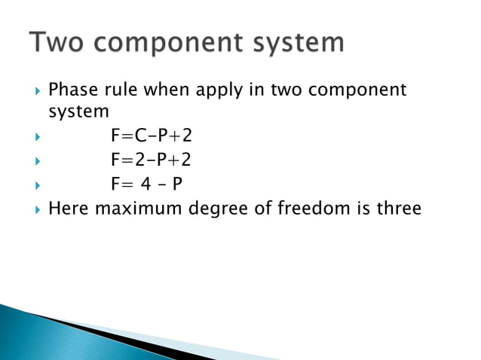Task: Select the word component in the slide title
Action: pos(176,44)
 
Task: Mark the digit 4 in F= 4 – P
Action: pos(147,183)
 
